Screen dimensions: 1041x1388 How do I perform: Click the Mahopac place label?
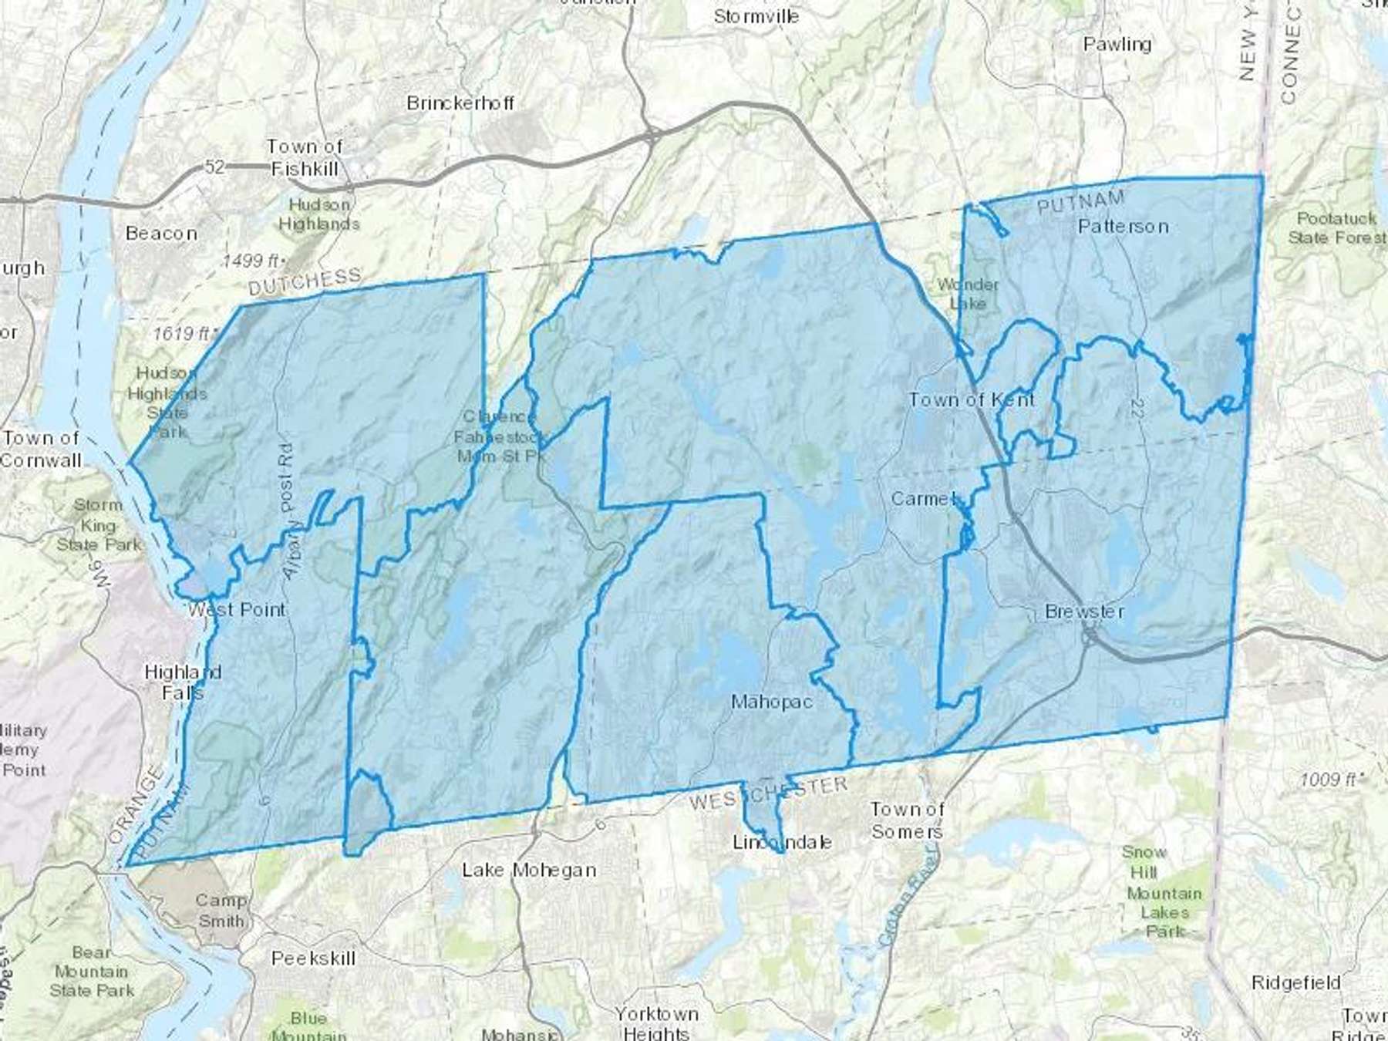771,702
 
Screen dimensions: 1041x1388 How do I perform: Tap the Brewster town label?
1084,611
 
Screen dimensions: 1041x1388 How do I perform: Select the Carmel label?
925,499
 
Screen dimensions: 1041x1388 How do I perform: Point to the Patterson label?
1123,226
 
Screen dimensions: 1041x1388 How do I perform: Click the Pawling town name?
1117,44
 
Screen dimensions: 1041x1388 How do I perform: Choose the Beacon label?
161,233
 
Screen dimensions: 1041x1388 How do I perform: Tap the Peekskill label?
313,958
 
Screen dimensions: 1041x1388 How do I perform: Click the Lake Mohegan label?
529,870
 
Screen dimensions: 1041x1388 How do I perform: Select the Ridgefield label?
1295,982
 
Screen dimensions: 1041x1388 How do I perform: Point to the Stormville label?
756,16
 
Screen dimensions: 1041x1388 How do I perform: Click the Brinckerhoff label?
460,103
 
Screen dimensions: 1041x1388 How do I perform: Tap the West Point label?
237,609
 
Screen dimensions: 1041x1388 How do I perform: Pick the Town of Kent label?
972,399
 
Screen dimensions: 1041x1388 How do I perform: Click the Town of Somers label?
907,820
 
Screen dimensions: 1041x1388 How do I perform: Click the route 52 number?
214,166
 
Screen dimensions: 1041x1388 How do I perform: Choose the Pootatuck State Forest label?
1336,228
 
